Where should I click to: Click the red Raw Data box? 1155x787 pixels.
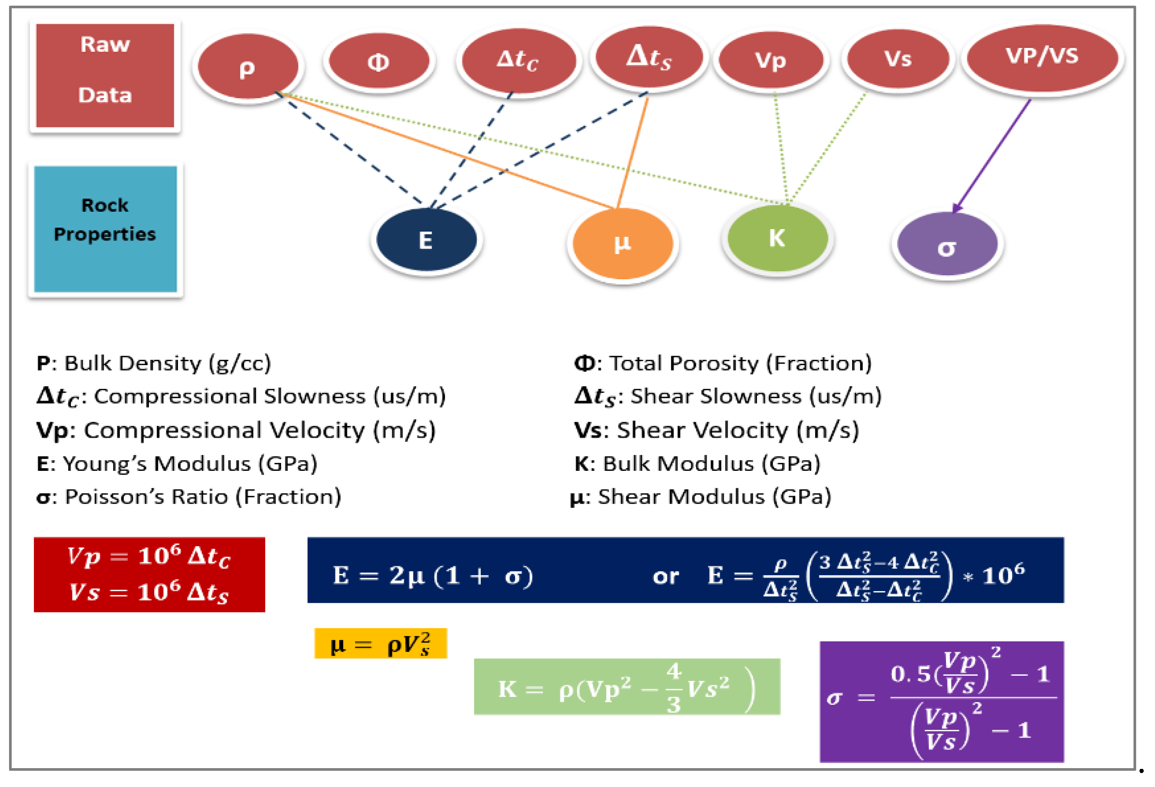(105, 75)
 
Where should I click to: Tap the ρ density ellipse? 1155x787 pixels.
(247, 67)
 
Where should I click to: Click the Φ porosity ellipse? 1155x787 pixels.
(379, 61)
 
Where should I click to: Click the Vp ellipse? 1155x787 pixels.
(771, 60)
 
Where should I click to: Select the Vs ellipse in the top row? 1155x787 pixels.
(897, 58)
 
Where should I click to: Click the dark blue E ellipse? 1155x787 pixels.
(426, 240)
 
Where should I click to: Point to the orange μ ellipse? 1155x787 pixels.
(622, 244)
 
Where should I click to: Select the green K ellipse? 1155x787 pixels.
(777, 238)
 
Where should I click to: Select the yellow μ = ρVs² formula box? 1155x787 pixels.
(380, 644)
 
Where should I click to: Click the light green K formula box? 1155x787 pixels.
(627, 687)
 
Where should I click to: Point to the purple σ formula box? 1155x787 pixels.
(941, 701)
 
